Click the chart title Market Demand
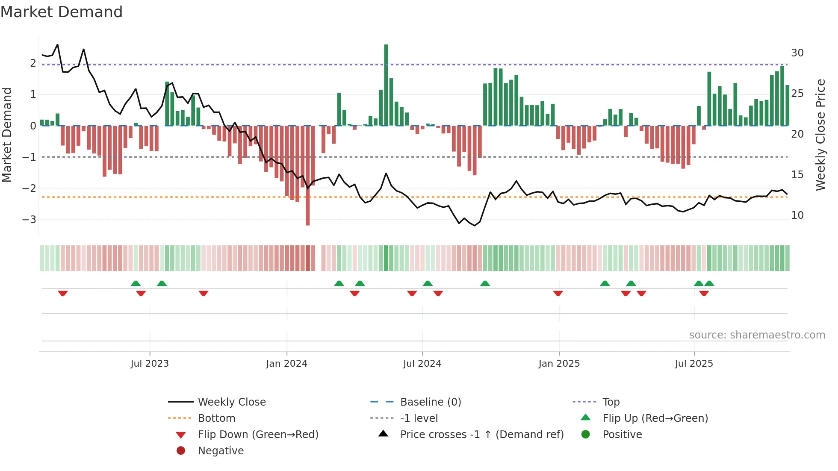click(62, 12)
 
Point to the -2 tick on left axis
click(29, 188)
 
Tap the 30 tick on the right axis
click(797, 53)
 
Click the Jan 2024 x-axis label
click(286, 364)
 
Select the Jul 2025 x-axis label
click(694, 364)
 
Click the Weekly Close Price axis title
click(820, 135)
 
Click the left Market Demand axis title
click(7, 135)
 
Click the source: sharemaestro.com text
click(757, 335)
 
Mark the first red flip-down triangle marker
click(63, 293)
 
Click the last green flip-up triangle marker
click(709, 283)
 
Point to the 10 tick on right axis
click(797, 215)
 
